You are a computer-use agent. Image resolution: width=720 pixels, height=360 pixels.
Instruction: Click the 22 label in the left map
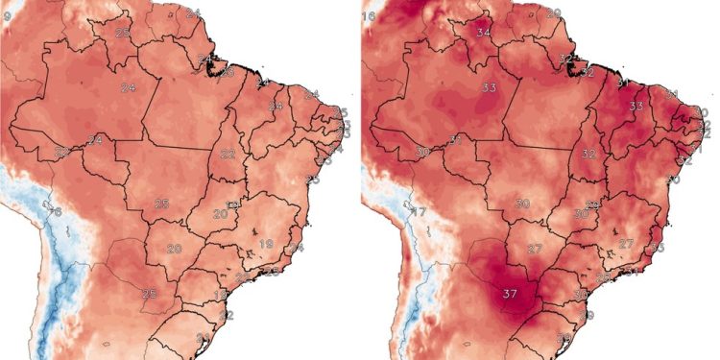click(228, 154)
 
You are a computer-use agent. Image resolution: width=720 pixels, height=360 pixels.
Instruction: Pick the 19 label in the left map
click(266, 245)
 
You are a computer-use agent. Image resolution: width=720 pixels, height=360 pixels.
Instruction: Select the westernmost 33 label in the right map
click(489, 88)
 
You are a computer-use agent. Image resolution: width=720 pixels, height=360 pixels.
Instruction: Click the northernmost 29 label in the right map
click(553, 12)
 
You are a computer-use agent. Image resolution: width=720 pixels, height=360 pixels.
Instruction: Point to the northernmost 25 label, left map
click(122, 33)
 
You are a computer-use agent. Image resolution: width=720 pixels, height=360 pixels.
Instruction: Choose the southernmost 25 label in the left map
click(149, 294)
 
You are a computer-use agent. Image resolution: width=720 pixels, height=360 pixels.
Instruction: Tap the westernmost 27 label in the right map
click(536, 249)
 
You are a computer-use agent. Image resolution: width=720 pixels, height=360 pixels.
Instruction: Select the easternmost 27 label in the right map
click(625, 244)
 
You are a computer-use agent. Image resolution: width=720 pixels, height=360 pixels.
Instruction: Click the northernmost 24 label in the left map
click(194, 12)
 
